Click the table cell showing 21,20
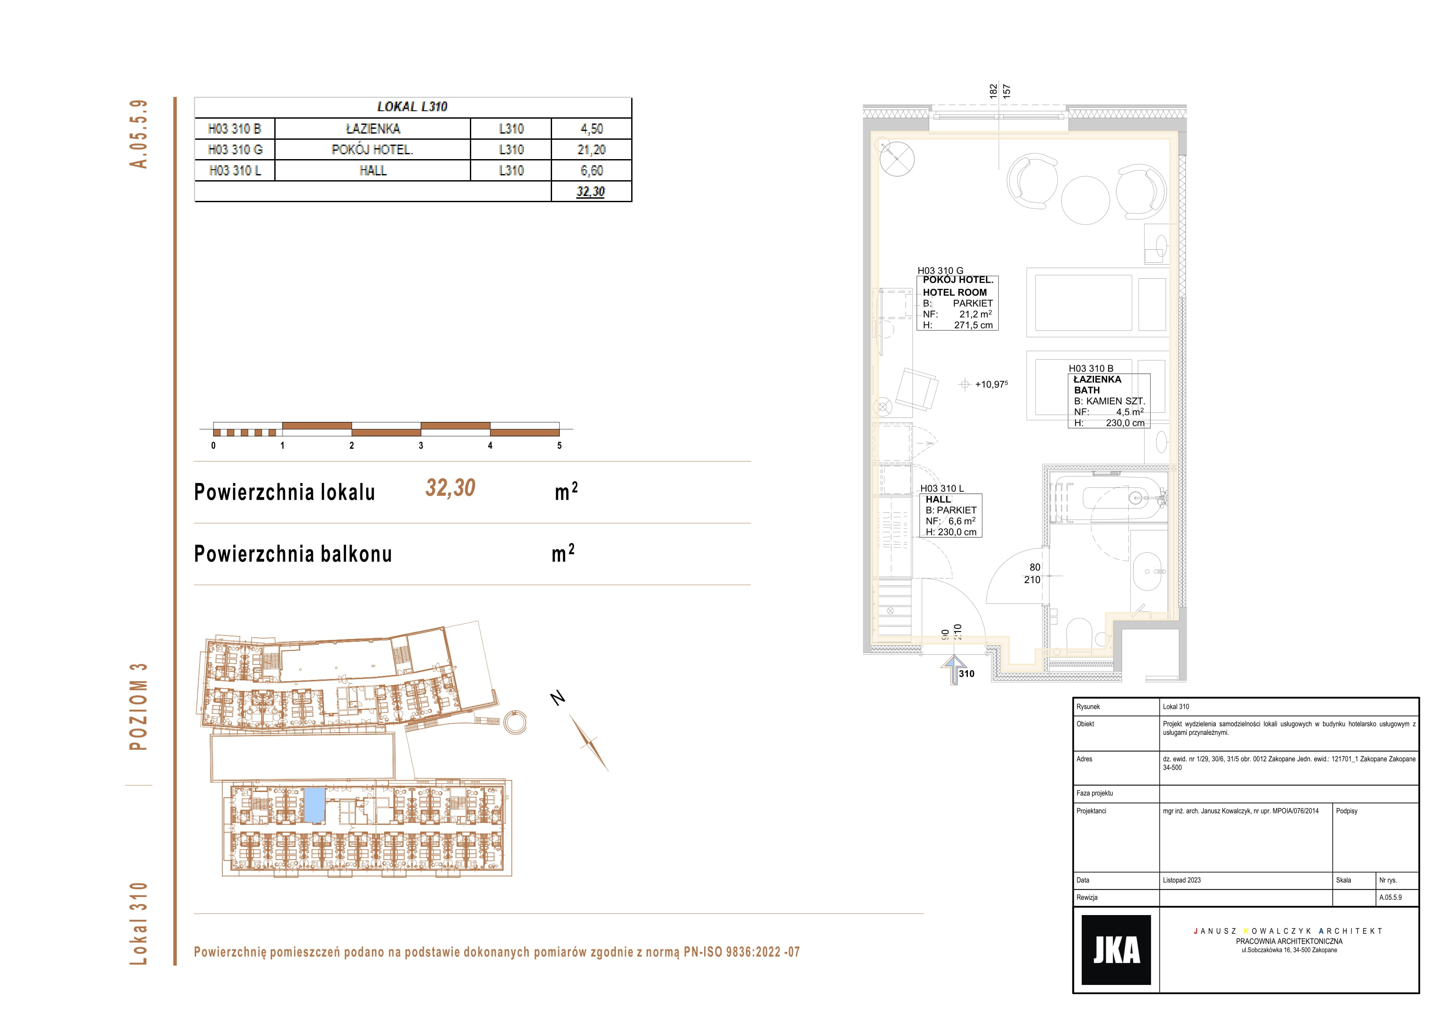(x=592, y=149)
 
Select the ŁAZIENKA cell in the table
(x=373, y=129)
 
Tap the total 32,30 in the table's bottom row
(x=591, y=191)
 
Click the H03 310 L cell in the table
(x=235, y=171)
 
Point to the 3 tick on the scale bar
(x=421, y=445)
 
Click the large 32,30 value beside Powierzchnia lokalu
(x=450, y=488)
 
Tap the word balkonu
(x=356, y=554)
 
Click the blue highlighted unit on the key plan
(x=315, y=804)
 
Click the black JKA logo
(x=1116, y=949)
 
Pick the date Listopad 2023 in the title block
(x=1181, y=880)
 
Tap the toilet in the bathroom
(x=1079, y=633)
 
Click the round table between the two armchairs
(x=1085, y=200)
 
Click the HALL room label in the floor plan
(x=938, y=500)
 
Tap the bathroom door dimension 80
(x=1035, y=567)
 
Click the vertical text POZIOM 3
(x=138, y=707)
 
